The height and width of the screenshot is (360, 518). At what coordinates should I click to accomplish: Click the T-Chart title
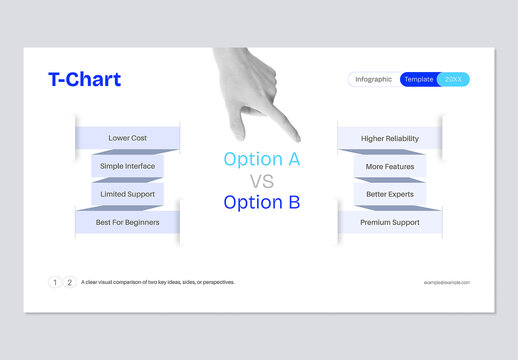pos(84,80)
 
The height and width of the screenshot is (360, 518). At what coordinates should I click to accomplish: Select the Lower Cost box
pos(128,137)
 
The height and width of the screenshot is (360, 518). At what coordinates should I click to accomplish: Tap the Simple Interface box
pos(128,166)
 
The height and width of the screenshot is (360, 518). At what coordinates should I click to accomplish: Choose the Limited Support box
pos(128,194)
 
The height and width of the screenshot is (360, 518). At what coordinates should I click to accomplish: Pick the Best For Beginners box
pos(127,222)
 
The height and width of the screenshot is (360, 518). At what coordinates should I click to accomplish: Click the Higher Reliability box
pos(390,137)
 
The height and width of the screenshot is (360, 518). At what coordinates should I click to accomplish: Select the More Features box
pos(390,166)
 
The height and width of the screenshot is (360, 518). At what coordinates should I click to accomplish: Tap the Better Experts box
pos(390,194)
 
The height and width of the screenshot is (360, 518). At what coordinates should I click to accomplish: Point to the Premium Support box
pos(390,222)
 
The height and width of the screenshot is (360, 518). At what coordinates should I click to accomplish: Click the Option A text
pos(261,159)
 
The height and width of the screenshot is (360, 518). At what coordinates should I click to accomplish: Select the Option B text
pos(261,202)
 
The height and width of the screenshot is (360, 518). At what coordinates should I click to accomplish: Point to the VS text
pos(261,181)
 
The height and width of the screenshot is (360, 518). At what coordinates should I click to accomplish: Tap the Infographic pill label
pos(373,80)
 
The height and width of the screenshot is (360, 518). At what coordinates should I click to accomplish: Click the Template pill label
pos(419,80)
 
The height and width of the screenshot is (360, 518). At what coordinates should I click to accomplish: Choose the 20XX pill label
pos(453,80)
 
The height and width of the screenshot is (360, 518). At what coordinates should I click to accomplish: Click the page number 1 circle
pos(55,282)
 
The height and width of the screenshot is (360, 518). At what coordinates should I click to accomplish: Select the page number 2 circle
pos(69,282)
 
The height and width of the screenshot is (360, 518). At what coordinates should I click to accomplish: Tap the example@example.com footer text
pos(447,283)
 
